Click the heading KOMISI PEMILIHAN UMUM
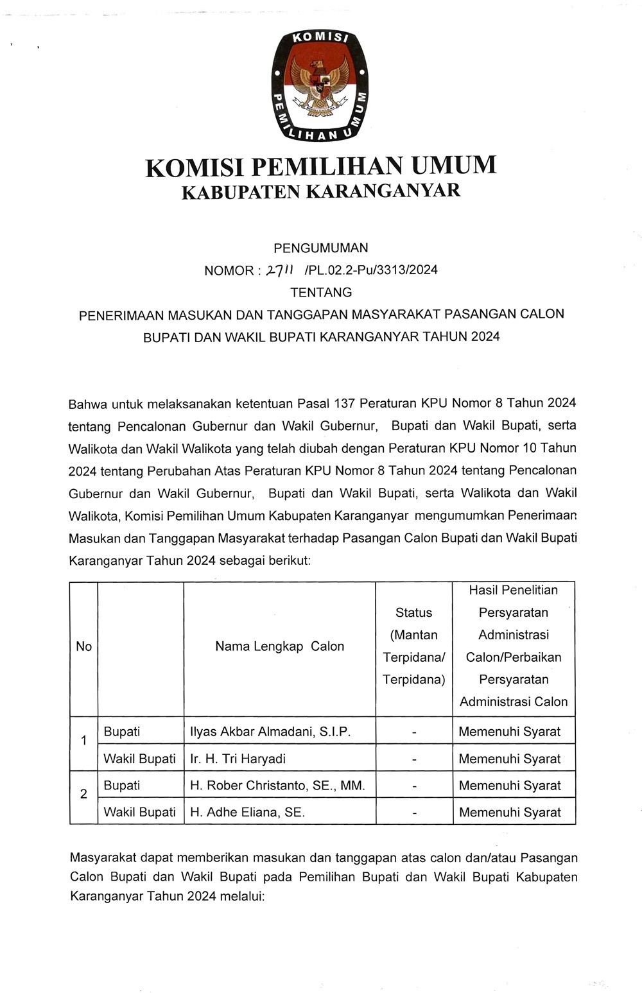(321, 166)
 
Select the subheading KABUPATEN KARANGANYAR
(321, 191)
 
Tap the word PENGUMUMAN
(321, 248)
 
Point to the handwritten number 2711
(280, 270)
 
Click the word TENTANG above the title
(321, 293)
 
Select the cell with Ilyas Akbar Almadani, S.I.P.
(270, 732)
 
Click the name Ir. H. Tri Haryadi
(238, 759)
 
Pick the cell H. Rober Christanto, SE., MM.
(277, 786)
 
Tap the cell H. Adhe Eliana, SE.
(247, 812)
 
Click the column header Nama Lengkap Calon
(279, 646)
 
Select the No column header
(83, 646)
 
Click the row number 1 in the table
(83, 741)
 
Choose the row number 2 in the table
(83, 794)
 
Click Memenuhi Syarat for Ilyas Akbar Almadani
(510, 732)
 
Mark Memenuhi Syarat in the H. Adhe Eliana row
(510, 812)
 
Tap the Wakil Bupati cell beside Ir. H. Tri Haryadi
(139, 759)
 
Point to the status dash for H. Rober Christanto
(414, 786)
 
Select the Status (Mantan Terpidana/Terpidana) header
(414, 646)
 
